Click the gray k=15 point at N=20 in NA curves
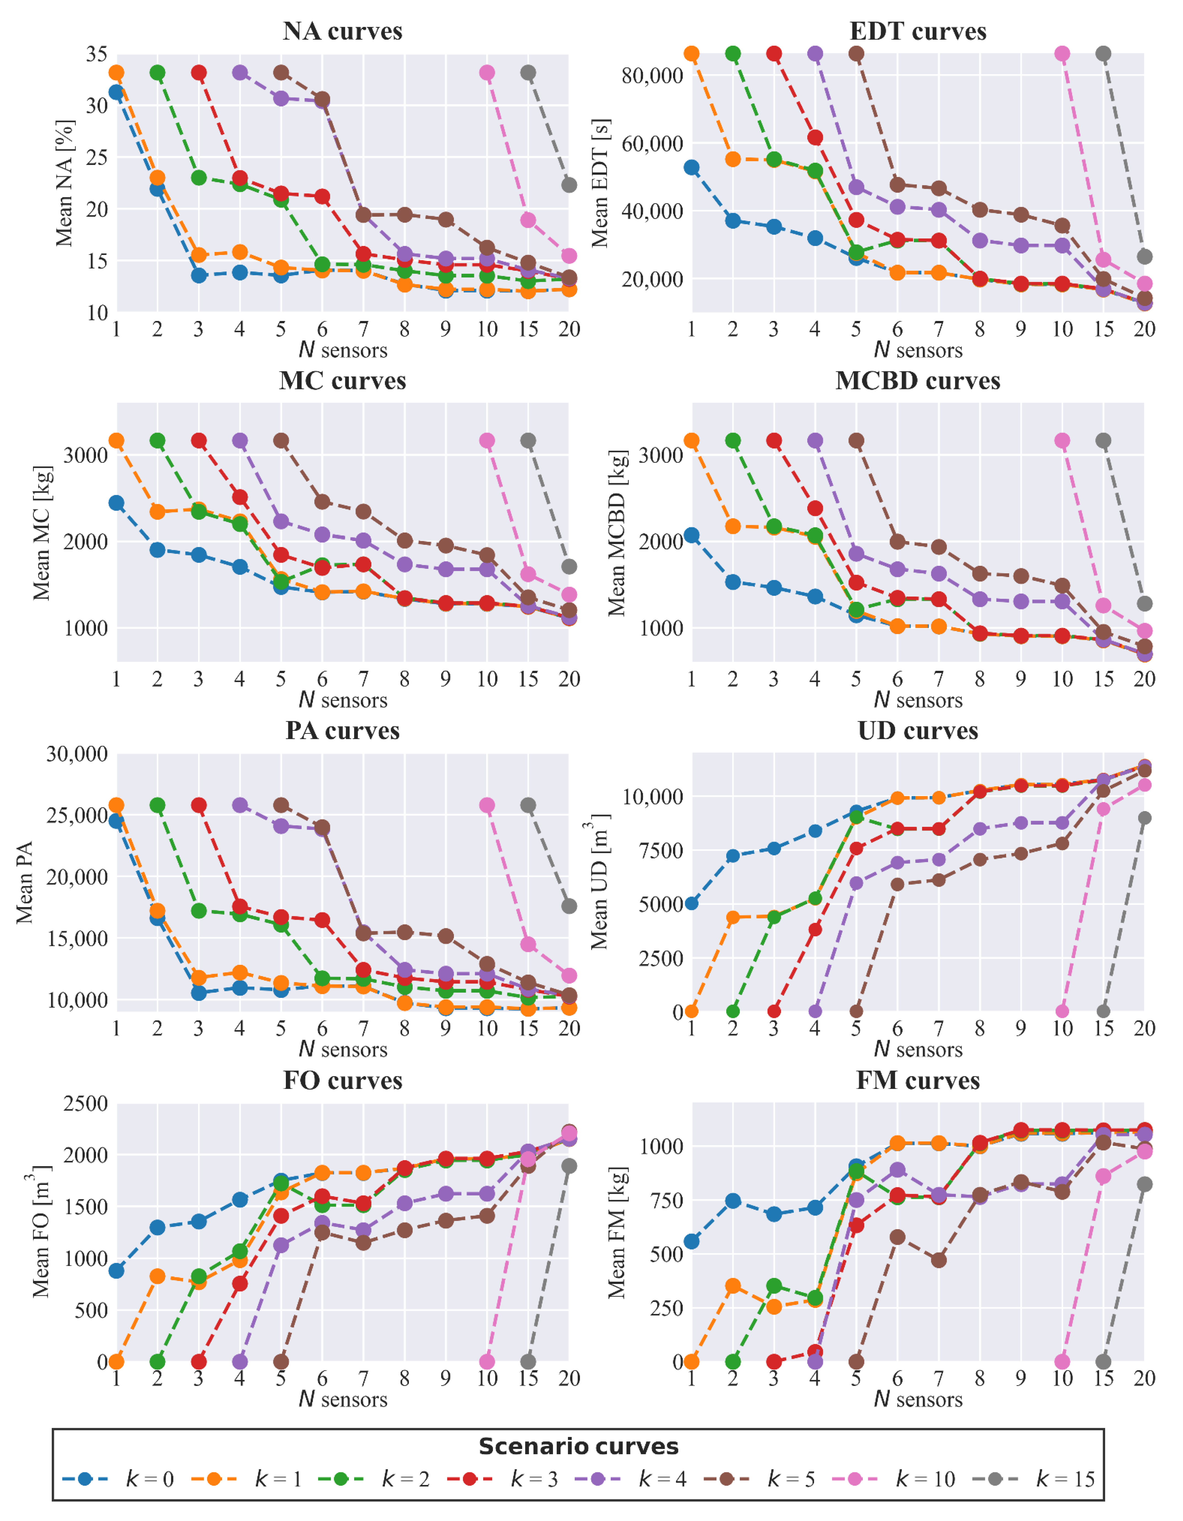click(x=569, y=185)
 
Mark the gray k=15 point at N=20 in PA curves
click(x=569, y=906)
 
